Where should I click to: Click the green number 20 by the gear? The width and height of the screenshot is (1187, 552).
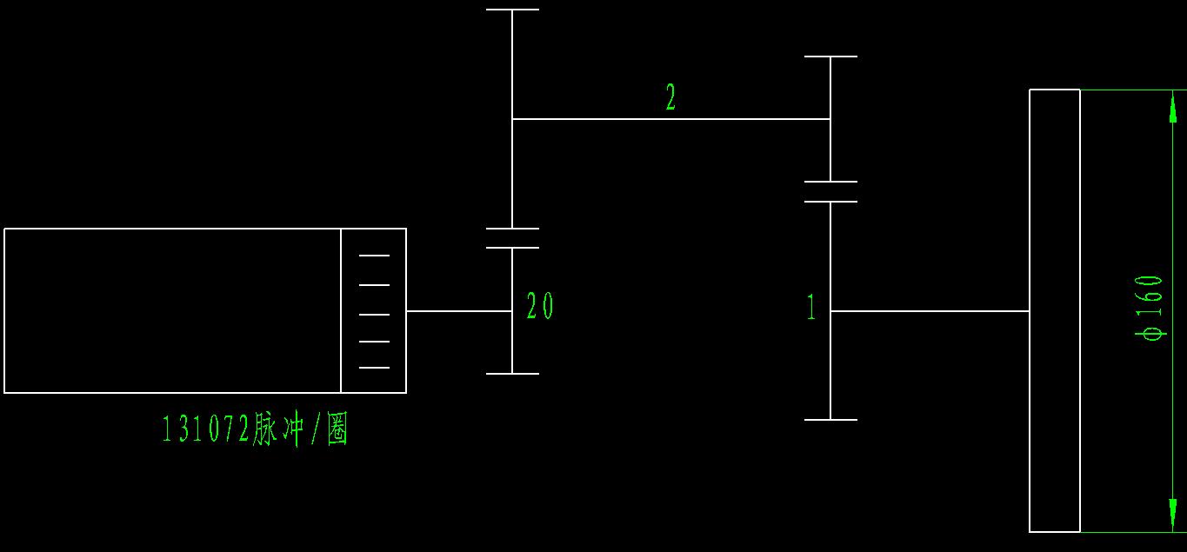539,306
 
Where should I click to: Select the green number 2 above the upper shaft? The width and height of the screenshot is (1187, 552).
670,97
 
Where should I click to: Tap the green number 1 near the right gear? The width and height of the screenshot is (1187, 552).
811,307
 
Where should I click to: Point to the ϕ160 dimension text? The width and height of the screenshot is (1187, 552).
1151,308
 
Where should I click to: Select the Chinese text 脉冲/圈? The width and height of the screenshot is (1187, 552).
301,429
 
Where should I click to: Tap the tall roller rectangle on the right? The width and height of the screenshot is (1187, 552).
1055,310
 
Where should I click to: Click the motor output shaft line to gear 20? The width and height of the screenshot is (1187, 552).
459,310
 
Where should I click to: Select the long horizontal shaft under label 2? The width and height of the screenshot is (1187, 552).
670,119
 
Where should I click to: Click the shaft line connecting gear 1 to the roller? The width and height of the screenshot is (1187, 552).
930,310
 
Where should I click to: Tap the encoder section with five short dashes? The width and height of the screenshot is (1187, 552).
374,310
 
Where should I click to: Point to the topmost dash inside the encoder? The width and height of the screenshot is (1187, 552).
374,256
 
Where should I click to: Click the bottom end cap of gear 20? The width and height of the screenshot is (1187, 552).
512,374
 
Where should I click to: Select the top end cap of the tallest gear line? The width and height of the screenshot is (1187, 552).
512,10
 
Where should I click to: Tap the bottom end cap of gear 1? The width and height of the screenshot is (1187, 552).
830,420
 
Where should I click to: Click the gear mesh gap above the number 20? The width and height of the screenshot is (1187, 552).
512,238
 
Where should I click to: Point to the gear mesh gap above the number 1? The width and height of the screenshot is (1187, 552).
830,191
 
